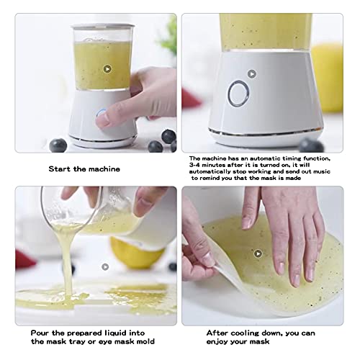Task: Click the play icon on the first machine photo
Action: click(107, 69)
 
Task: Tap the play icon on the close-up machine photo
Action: click(251, 73)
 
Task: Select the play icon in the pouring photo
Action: click(105, 266)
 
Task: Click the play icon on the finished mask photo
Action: click(258, 253)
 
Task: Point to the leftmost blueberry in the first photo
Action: click(58, 145)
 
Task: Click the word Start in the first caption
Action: click(60, 169)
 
